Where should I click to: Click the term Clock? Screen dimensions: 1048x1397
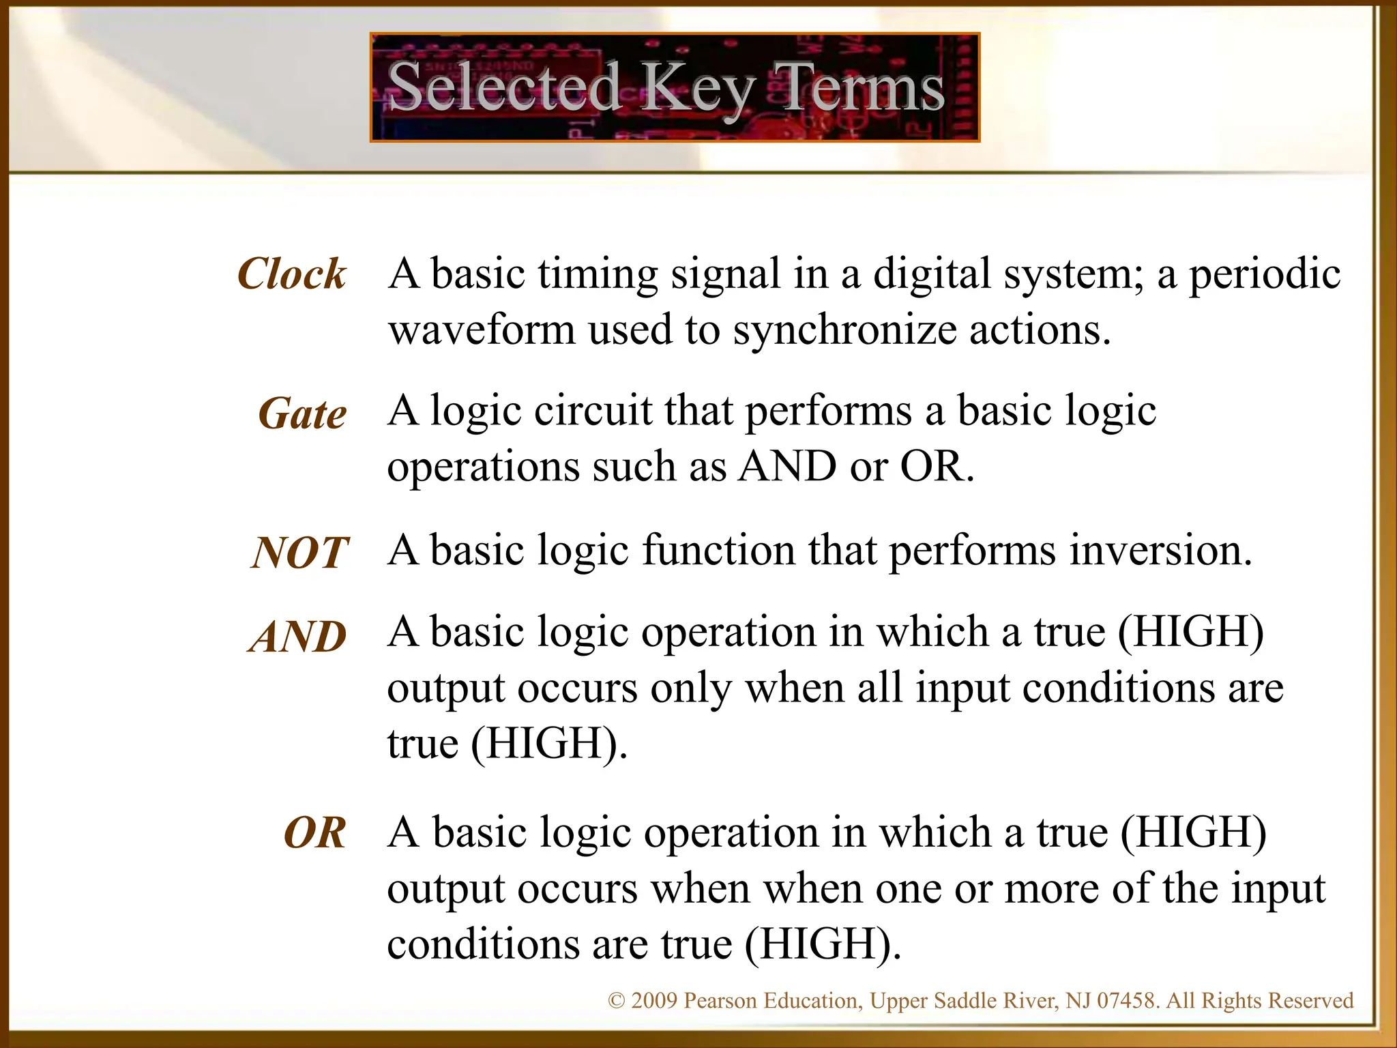292,274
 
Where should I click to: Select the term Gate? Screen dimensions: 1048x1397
302,414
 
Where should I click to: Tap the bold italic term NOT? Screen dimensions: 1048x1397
300,553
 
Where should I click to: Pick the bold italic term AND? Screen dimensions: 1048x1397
297,637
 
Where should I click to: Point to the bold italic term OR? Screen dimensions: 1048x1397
314,833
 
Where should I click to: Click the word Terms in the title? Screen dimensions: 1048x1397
859,87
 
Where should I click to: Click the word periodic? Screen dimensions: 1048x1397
1265,274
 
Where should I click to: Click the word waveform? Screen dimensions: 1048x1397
482,330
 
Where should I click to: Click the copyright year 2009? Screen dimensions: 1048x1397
653,1001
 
